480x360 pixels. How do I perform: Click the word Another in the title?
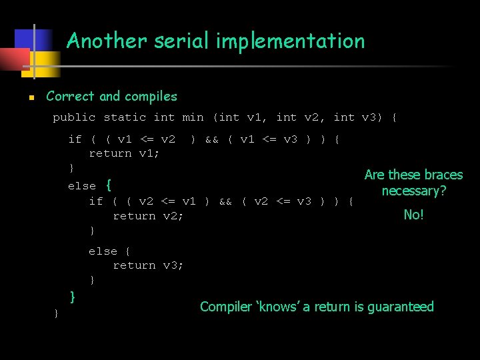pos(107,41)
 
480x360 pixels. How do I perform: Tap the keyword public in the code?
pos(74,117)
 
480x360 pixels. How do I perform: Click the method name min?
pos(193,117)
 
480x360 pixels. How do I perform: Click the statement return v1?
pos(124,153)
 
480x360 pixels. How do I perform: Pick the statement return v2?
pos(148,216)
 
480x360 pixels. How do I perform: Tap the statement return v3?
pos(148,265)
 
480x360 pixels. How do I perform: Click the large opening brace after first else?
pos(109,185)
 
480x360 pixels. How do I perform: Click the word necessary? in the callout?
pos(413,191)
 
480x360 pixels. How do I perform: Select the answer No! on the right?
pos(413,215)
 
